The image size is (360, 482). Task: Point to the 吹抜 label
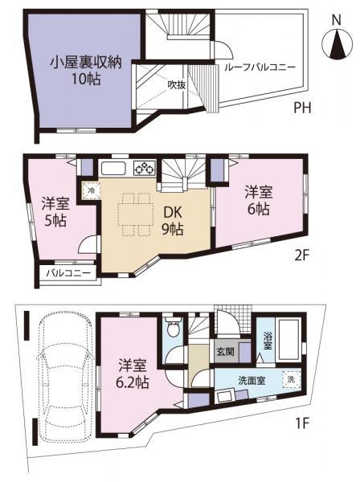point(177,84)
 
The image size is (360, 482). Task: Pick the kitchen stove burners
point(144,169)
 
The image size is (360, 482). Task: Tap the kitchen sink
point(112,169)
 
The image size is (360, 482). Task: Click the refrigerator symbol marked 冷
point(92,190)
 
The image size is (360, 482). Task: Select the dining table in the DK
point(133,214)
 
